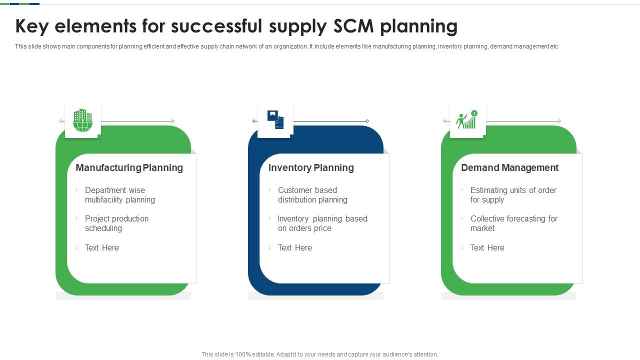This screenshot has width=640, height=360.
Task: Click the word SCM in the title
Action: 353,26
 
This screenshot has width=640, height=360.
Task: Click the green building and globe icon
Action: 82,120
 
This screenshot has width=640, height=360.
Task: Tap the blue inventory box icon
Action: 275,119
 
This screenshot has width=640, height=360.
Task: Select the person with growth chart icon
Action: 467,119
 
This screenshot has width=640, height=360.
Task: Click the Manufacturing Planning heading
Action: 129,167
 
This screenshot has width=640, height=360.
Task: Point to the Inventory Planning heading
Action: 311,167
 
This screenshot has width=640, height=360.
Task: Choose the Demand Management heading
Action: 509,167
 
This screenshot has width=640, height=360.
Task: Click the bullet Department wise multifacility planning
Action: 120,195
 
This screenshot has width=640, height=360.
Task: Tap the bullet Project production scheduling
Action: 116,223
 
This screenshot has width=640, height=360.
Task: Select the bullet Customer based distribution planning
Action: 312,195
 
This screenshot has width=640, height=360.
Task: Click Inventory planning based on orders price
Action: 322,223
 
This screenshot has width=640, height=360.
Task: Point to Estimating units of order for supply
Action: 513,195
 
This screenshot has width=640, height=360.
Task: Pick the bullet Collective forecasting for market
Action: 514,223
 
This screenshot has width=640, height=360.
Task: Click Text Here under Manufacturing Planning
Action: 101,247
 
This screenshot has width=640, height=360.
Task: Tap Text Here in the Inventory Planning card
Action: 295,247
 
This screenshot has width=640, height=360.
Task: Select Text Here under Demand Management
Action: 487,247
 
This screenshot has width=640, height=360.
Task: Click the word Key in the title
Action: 32,27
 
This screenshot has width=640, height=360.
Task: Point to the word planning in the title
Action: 419,27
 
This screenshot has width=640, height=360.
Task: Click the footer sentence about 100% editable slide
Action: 319,354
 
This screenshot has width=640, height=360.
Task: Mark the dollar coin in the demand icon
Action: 474,113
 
